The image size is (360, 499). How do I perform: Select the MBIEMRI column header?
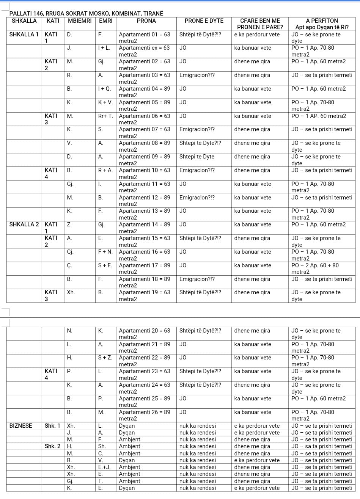(80, 21)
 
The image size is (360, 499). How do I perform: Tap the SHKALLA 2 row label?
(24, 224)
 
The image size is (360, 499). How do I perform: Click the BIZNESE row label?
(21, 426)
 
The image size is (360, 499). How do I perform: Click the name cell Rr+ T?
(105, 116)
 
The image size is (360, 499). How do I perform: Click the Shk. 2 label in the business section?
(52, 446)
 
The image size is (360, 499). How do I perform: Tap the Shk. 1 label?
(52, 426)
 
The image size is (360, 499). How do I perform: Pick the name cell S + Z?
(105, 358)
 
